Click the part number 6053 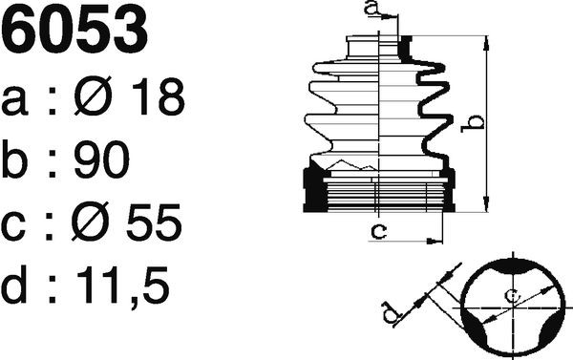click(74, 30)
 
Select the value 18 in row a click(158, 96)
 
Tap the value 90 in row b click(101, 159)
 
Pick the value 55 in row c click(154, 222)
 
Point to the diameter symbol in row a click(93, 95)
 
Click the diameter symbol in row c click(91, 222)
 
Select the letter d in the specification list click(14, 284)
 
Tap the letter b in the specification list click(14, 159)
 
